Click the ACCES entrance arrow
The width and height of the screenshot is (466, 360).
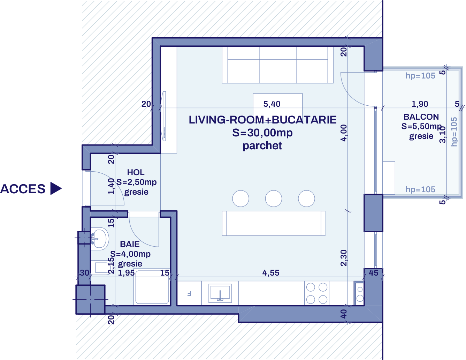pyautogui.click(x=55, y=188)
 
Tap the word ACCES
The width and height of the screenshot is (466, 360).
pyautogui.click(x=23, y=189)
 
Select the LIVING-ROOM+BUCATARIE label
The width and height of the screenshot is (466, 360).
pyautogui.click(x=262, y=120)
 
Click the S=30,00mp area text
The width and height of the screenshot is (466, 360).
pyautogui.click(x=262, y=133)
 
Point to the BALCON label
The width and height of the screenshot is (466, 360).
pyautogui.click(x=421, y=117)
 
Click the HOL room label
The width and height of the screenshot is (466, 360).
pyautogui.click(x=136, y=172)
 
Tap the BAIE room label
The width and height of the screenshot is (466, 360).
pyautogui.click(x=130, y=244)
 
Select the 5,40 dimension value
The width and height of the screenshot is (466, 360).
pyautogui.click(x=272, y=104)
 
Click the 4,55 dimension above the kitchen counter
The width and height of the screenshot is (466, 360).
pyautogui.click(x=271, y=273)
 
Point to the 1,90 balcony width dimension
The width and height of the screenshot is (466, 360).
pyautogui.click(x=420, y=104)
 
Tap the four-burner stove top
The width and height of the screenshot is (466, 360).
pyautogui.click(x=316, y=293)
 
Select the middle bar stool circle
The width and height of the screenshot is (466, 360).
pyautogui.click(x=273, y=198)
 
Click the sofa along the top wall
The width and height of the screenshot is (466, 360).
pyautogui.click(x=278, y=65)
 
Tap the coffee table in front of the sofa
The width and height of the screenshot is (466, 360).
pyautogui.click(x=277, y=103)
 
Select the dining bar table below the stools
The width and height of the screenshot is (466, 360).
pyautogui.click(x=274, y=223)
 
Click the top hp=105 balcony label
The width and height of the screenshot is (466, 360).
pyautogui.click(x=420, y=76)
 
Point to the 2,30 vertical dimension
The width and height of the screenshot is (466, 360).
pyautogui.click(x=344, y=258)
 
